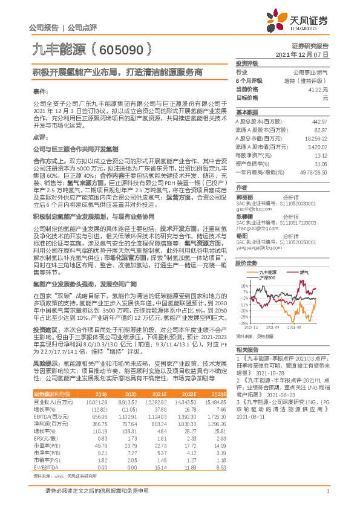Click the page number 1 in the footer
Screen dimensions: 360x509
click(x=327, y=497)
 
